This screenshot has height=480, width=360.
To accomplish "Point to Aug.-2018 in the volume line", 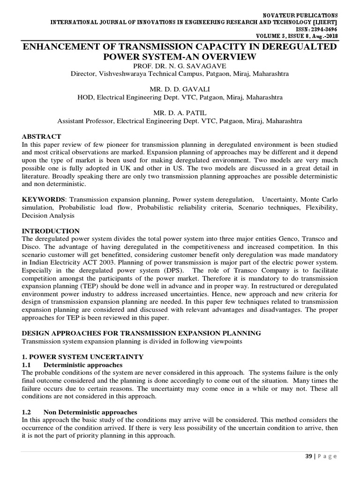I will (x=325, y=36).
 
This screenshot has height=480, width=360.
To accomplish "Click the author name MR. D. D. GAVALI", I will (x=180, y=90).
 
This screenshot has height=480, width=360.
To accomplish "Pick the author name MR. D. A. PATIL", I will (x=180, y=113).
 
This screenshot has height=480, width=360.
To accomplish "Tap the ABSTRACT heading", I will (x=42, y=136).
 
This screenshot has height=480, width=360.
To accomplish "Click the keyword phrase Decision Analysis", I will (x=48, y=215).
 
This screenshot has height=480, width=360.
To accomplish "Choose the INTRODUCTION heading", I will (x=51, y=231).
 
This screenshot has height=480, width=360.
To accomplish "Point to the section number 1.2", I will (x=27, y=412).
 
